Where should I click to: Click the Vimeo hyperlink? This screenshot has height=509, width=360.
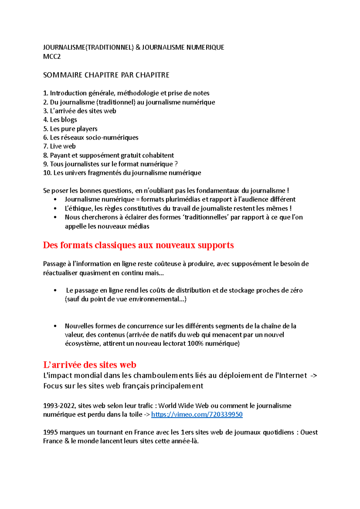point(197,415)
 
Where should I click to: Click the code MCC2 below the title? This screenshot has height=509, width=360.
point(52,57)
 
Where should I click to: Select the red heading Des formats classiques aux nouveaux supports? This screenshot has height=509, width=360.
point(138,245)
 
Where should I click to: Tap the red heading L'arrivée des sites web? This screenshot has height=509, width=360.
point(90,365)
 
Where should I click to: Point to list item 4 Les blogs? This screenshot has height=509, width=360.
point(60,120)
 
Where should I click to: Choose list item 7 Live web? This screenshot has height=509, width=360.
point(59,146)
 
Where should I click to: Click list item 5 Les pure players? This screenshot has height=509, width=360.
point(70,129)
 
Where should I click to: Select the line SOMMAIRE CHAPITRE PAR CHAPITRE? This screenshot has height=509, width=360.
point(106,75)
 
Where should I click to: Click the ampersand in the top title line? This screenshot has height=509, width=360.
point(138,47)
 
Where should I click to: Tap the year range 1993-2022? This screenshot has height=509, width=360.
point(60,406)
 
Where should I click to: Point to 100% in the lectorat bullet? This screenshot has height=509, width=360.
point(196,344)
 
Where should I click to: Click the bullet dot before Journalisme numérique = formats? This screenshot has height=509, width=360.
point(55,200)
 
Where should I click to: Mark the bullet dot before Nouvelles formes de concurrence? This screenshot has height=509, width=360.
point(55,326)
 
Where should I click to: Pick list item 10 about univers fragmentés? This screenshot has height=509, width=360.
point(122,173)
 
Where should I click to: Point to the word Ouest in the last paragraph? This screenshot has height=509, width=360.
point(309,432)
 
